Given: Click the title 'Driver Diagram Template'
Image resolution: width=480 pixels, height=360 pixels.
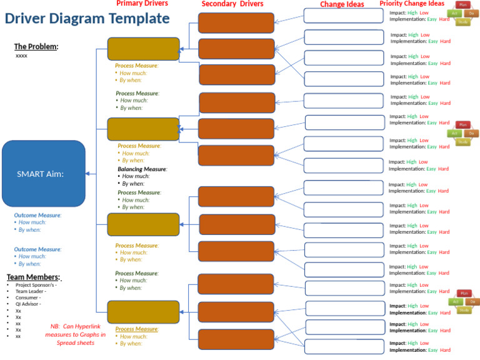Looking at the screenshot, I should tap(87, 18).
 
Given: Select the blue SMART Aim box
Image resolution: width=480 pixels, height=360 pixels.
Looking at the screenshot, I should tap(44, 174).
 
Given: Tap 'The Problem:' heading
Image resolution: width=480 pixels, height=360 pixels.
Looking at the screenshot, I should tap(36, 46).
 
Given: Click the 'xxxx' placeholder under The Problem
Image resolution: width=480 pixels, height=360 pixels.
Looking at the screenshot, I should tap(21, 56).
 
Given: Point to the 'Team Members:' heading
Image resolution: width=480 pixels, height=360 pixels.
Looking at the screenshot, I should tap(34, 277).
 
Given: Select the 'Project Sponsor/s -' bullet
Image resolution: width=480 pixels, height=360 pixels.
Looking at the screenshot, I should tap(36, 285).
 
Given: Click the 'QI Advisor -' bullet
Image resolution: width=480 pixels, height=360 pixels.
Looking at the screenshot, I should tap(29, 304).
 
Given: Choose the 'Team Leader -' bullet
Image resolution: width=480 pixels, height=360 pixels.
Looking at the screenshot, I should tap(31, 291).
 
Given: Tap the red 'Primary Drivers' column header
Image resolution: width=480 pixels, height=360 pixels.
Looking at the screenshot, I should tap(142, 4).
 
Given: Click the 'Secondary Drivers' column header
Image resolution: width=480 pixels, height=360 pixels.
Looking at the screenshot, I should tap(232, 4).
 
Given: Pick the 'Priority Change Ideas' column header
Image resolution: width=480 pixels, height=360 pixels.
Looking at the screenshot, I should tap(412, 4).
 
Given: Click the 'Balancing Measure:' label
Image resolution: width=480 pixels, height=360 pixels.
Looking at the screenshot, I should tap(142, 169).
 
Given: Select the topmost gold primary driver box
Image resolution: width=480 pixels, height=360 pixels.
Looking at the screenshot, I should tap(143, 49).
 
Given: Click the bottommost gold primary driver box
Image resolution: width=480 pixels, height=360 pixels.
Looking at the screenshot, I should tap(143, 312).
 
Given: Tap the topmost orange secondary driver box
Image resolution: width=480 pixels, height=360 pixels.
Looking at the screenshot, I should tap(236, 22).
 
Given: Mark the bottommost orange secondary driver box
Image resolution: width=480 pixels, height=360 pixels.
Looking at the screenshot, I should tap(236, 339).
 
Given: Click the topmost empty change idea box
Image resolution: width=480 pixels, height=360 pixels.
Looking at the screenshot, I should tap(343, 16).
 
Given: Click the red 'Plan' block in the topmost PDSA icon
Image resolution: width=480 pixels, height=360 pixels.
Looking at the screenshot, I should tap(463, 5).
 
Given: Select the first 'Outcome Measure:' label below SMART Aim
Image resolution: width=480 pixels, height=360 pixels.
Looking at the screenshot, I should tap(37, 215).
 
